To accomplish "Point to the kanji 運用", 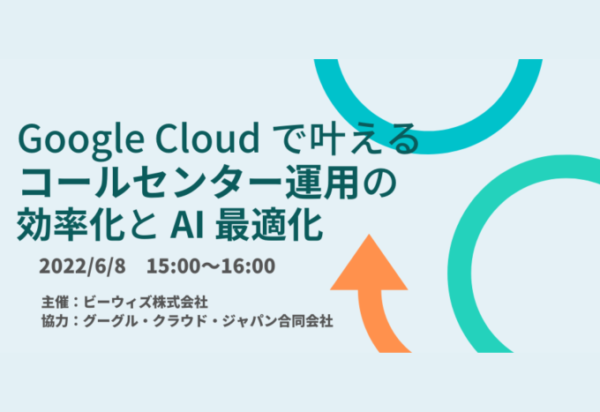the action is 323,182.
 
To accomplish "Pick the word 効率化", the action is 69,225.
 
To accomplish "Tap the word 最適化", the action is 268,225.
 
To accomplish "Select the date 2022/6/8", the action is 82,266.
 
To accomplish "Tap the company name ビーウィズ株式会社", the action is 146,302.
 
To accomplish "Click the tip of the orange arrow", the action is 369,235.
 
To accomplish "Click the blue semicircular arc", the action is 428,142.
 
